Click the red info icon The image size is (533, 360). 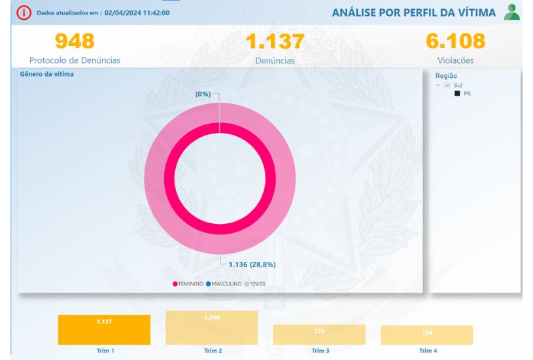[23, 12]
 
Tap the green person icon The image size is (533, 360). [513, 12]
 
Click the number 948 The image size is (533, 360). [75, 41]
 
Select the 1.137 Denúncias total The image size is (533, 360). [275, 42]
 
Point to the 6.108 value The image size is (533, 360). [455, 41]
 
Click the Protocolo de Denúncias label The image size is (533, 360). [75, 60]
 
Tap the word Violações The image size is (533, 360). [455, 60]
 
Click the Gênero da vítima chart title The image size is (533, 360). [47, 75]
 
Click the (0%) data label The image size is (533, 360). [203, 94]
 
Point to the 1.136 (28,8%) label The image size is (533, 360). [252, 264]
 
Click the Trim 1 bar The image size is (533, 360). [104, 330]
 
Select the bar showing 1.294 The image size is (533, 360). [211, 327]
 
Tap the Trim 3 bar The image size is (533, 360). [319, 334]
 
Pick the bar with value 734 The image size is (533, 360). [426, 335]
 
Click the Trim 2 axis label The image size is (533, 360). [211, 351]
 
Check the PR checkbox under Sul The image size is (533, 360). [457, 94]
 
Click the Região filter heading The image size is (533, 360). [446, 76]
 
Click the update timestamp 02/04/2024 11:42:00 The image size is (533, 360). [138, 12]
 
